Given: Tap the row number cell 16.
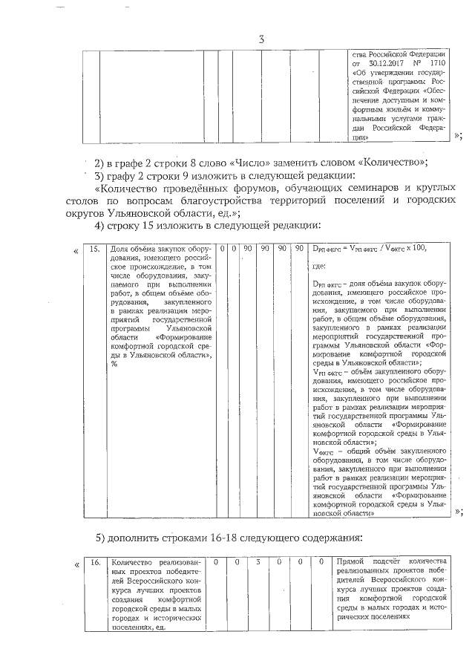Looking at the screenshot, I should (x=94, y=561).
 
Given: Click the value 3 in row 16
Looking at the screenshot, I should (x=258, y=561).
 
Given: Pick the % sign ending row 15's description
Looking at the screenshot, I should (x=114, y=364).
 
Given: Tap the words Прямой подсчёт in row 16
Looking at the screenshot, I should (x=364, y=561).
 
